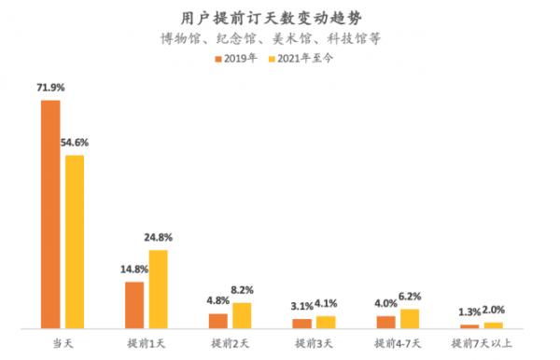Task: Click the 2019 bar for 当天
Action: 50,215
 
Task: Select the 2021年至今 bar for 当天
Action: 74,242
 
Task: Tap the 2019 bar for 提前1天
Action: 134,305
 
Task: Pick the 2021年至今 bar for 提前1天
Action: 158,289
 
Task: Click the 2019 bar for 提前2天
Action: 218,321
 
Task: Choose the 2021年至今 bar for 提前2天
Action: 242,315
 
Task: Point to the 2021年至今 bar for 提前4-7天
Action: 410,318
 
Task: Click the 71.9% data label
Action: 50,90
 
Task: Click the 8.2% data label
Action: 242,290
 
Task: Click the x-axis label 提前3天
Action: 314,344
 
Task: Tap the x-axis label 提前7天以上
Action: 482,344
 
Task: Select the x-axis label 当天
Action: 62,344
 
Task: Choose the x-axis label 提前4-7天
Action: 398,344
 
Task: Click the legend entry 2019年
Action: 240,59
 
